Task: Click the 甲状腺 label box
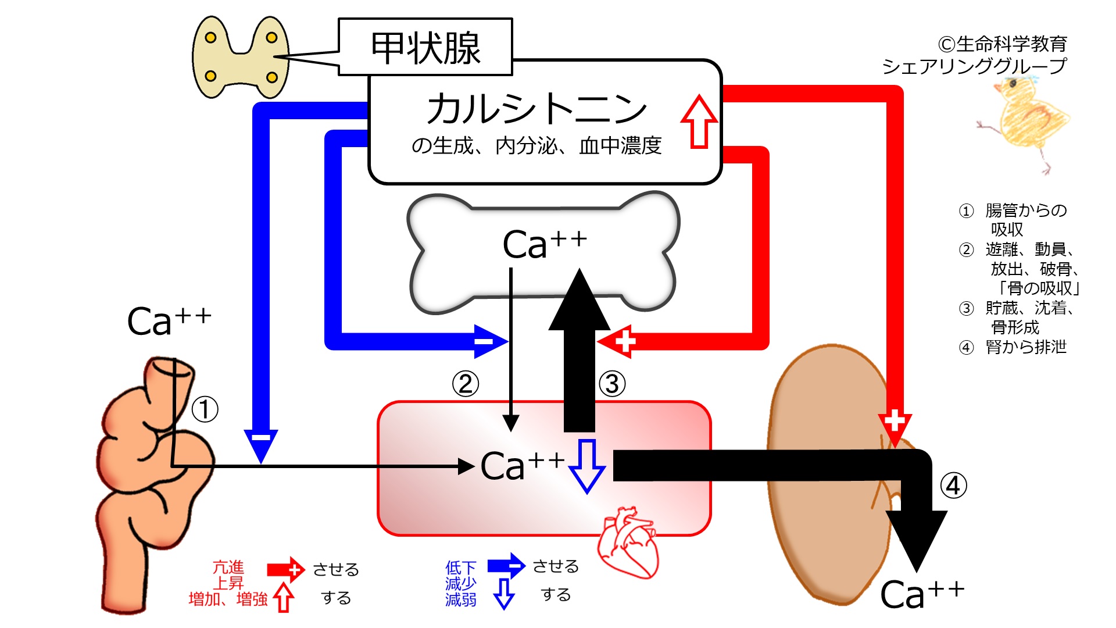click(x=425, y=47)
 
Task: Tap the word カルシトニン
click(x=536, y=109)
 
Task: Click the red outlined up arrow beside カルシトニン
click(x=699, y=122)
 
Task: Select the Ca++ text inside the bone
click(x=545, y=244)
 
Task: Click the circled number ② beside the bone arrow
click(x=466, y=384)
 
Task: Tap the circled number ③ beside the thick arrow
click(x=612, y=384)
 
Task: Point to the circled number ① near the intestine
click(x=205, y=409)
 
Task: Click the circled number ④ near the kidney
click(x=953, y=486)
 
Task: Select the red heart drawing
click(x=628, y=543)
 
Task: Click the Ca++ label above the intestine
click(x=169, y=322)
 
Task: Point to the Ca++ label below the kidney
click(x=922, y=594)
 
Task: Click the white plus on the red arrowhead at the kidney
click(x=895, y=420)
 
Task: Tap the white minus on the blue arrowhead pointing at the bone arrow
click(x=484, y=341)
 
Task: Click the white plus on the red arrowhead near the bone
click(x=625, y=341)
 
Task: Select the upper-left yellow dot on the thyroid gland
click(x=211, y=38)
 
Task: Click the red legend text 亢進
click(x=228, y=568)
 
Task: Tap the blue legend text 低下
click(x=460, y=568)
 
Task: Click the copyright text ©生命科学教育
click(x=1002, y=44)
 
